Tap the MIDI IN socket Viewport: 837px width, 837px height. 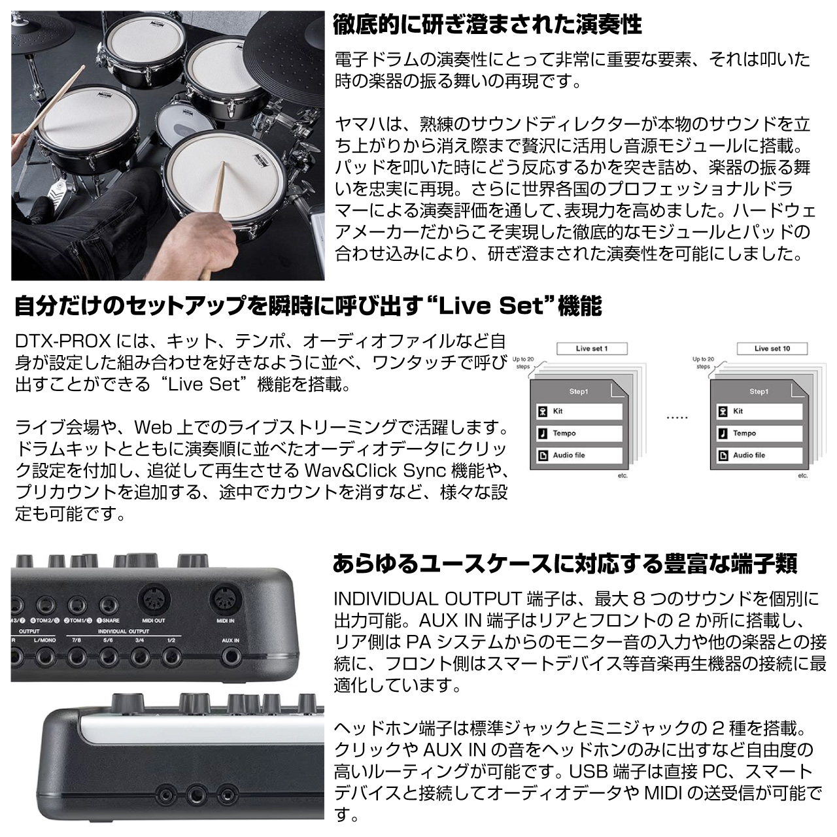click(x=226, y=600)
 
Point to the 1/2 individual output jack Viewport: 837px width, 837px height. click(x=171, y=658)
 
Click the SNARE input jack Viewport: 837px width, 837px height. click(x=109, y=605)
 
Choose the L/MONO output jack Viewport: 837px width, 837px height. click(x=45, y=658)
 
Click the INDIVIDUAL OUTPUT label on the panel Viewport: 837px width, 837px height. click(x=124, y=631)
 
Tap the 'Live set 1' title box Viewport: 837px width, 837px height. click(x=592, y=349)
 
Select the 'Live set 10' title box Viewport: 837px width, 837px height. click(x=772, y=349)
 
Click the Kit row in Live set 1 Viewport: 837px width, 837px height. click(x=579, y=411)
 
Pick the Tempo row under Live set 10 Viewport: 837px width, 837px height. click(x=759, y=433)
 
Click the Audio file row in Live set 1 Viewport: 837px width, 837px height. click(x=579, y=455)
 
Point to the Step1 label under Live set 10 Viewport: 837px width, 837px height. click(x=759, y=391)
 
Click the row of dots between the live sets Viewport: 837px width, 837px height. click(x=677, y=418)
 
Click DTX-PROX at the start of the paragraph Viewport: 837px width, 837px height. click(x=63, y=341)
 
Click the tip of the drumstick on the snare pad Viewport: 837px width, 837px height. click(x=224, y=163)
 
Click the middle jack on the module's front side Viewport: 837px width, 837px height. click(x=195, y=794)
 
